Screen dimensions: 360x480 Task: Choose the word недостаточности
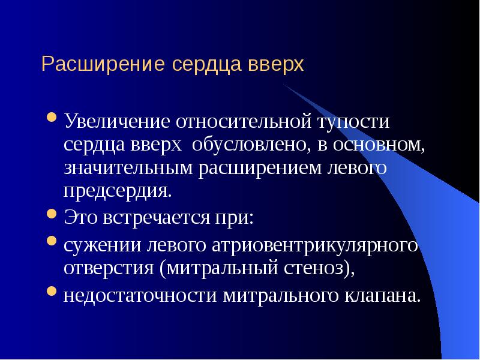pyautogui.click(x=141, y=295)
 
